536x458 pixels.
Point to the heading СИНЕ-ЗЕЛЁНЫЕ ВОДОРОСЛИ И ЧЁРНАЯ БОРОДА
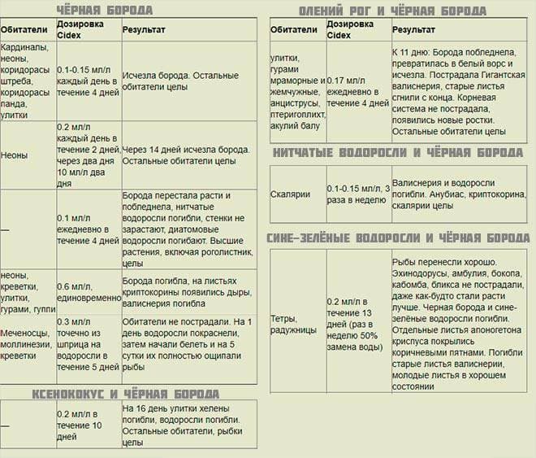coord(398,238)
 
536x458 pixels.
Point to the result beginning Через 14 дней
coord(187,155)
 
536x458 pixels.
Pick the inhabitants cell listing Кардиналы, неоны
coord(26,81)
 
